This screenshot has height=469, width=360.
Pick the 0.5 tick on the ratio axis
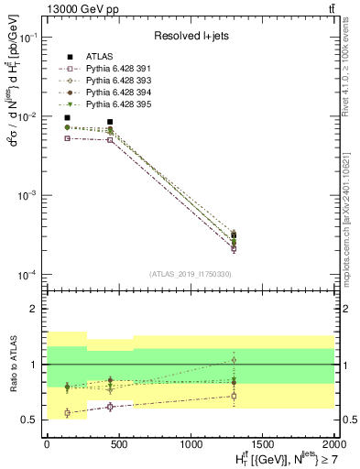point(33,420)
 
